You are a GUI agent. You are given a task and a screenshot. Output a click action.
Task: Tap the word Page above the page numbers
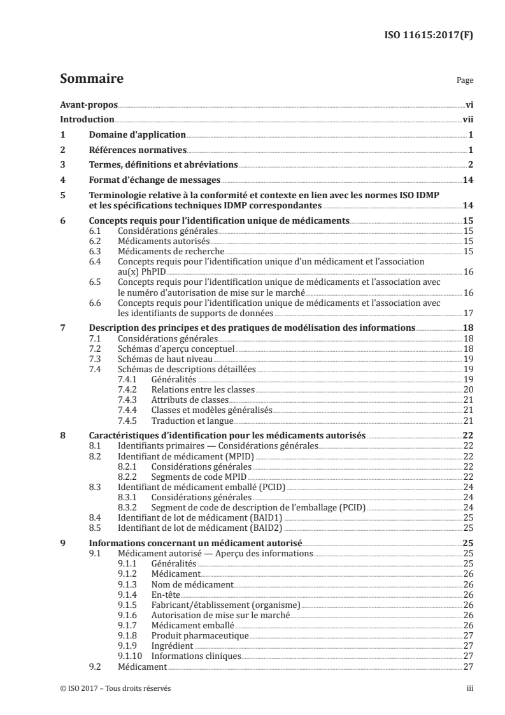coord(465,82)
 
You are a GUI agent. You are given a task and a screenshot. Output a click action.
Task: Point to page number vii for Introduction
coord(467,120)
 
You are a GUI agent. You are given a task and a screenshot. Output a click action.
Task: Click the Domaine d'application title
coord(137,135)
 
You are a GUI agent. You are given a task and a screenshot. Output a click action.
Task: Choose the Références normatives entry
coord(137,150)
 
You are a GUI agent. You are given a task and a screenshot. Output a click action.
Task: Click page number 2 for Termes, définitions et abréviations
coord(470,165)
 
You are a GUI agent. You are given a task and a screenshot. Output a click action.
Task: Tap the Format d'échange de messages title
coord(154,180)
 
